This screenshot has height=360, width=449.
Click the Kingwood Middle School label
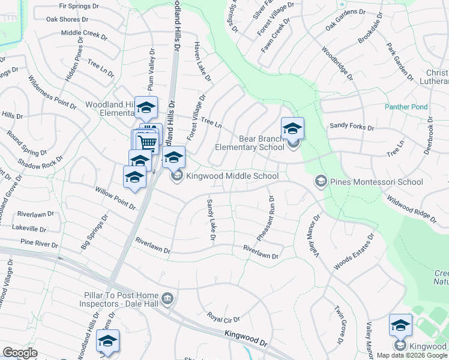(x=232, y=176)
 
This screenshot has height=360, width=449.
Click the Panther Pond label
(x=406, y=107)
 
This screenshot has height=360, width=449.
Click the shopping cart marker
(x=147, y=142)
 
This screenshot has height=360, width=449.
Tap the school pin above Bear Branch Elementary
(x=292, y=128)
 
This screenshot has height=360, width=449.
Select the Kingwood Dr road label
(x=246, y=339)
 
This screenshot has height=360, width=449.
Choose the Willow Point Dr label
(x=115, y=197)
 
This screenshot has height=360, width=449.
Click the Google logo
(x=20, y=352)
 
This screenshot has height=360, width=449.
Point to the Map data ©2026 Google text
(x=412, y=355)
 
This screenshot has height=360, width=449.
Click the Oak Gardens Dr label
(x=345, y=20)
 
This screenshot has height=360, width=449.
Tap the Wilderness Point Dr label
(x=53, y=92)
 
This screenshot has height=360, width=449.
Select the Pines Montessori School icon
(x=321, y=181)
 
